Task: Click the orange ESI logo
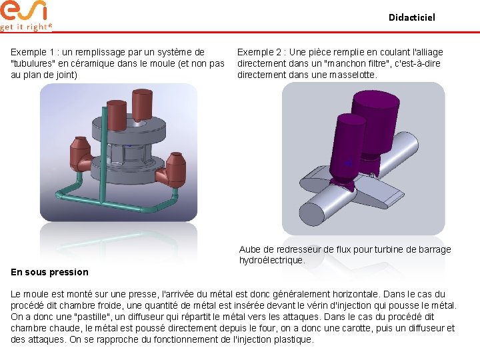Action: pyautogui.click(x=23, y=11)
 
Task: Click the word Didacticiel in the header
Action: pyautogui.click(x=412, y=17)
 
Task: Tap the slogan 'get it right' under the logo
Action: pyautogui.click(x=26, y=27)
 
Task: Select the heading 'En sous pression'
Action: pyautogui.click(x=49, y=272)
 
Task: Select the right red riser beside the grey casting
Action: pyautogui.click(x=173, y=170)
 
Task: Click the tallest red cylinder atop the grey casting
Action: pyautogui.click(x=143, y=105)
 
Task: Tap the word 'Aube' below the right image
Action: pyautogui.click(x=249, y=249)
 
